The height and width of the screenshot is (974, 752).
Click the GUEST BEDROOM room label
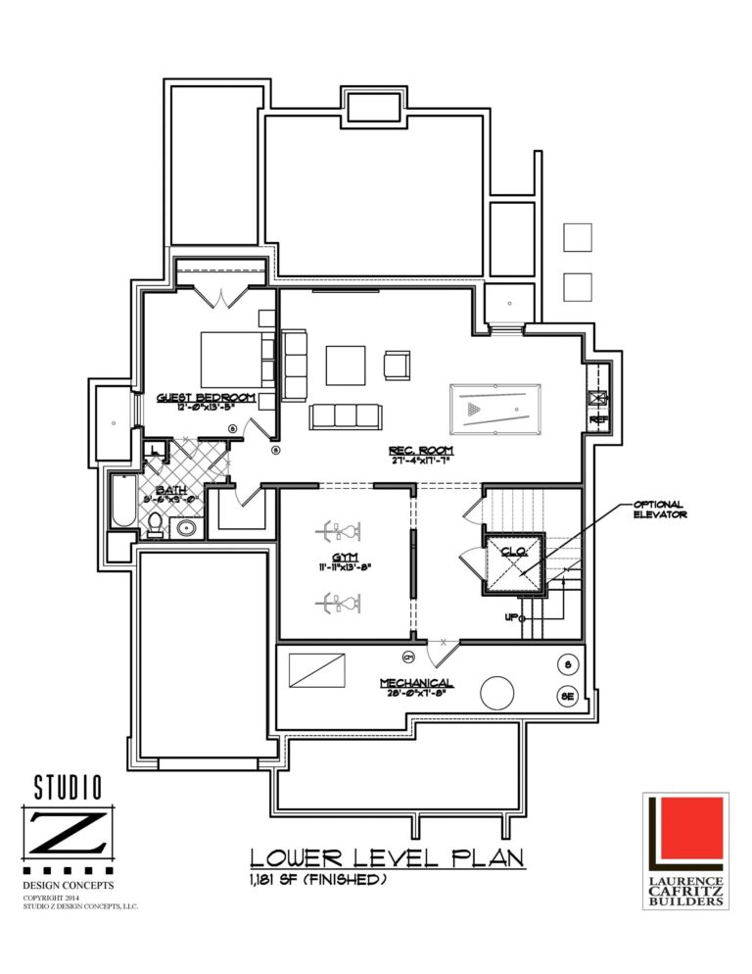click(x=206, y=397)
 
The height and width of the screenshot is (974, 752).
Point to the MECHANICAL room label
click(x=416, y=682)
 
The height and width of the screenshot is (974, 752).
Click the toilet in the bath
click(x=154, y=526)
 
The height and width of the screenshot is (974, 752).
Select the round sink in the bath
click(x=187, y=529)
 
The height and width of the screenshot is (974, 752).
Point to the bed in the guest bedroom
click(x=235, y=359)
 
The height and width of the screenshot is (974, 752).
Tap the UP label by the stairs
click(x=510, y=617)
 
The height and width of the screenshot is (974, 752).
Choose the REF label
click(x=598, y=419)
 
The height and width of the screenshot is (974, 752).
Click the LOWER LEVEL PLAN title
click(x=387, y=857)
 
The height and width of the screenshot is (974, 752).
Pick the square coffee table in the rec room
click(x=346, y=365)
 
